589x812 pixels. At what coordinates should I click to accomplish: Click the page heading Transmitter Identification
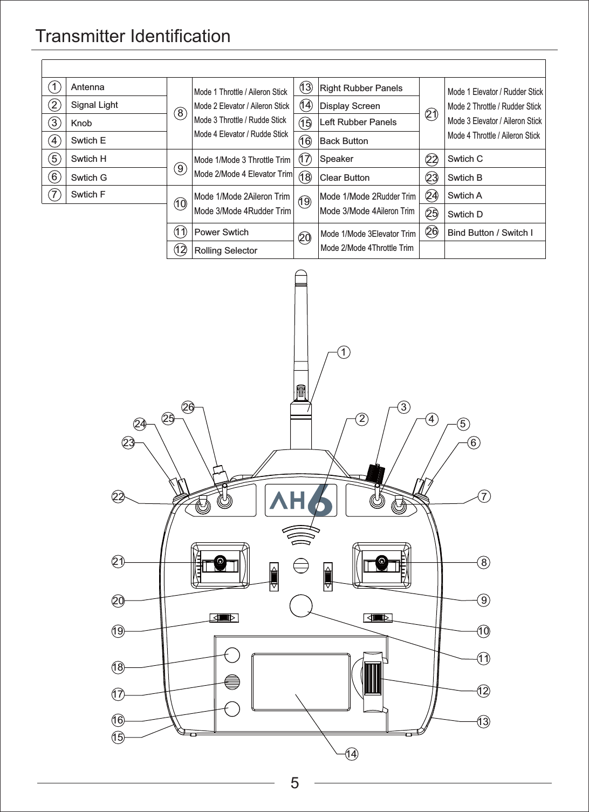133,36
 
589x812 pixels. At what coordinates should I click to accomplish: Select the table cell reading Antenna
88,87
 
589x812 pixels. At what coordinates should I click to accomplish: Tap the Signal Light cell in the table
94,105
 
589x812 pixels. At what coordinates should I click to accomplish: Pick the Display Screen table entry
350,106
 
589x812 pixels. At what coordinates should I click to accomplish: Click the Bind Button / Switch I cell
490,233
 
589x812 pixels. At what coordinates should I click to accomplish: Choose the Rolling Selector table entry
225,250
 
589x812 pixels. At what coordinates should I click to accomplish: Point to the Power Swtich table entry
221,233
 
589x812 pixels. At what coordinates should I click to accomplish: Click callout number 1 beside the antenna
343,352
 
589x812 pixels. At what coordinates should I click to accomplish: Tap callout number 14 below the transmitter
351,754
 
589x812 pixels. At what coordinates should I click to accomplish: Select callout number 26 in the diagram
188,407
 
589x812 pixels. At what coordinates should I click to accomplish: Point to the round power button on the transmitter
300,605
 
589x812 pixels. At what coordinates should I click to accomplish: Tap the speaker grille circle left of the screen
232,682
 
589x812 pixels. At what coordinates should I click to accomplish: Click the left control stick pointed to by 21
220,563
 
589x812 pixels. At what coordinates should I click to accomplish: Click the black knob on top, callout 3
375,473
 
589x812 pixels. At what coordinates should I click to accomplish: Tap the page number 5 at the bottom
294,783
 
